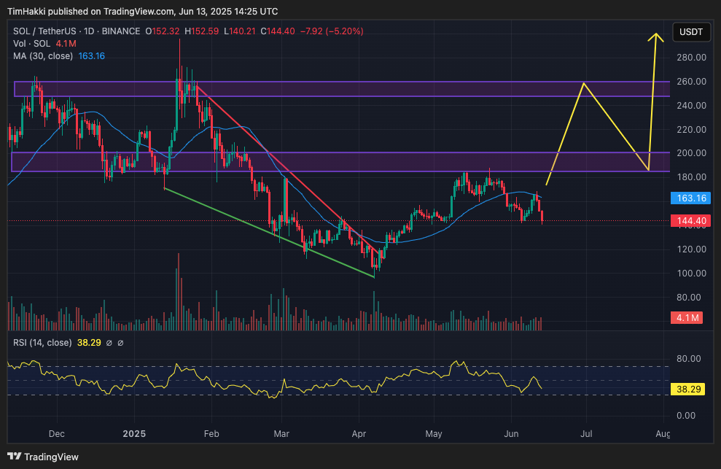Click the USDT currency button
(691, 31)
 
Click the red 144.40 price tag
(687, 220)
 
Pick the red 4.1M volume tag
(687, 318)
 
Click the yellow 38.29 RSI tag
(687, 389)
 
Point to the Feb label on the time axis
(211, 434)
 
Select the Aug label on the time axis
(663, 434)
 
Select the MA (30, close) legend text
(42, 56)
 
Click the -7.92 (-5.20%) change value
(332, 31)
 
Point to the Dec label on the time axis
(56, 434)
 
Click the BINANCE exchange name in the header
(120, 31)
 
